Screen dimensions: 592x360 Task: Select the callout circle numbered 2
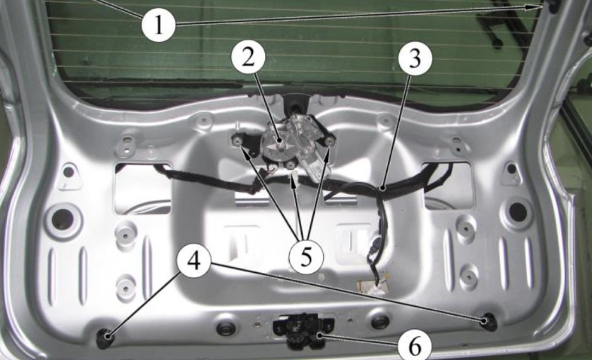249,58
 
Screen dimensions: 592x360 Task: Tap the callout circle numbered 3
415,58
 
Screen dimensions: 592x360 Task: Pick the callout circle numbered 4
195,261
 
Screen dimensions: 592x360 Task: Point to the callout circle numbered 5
306,257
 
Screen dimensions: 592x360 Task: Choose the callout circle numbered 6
415,345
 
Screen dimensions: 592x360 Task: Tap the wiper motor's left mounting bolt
238,141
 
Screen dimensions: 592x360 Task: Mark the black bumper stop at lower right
489,322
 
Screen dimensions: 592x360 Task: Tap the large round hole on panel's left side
63,218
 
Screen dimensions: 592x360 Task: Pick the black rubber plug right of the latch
379,321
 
